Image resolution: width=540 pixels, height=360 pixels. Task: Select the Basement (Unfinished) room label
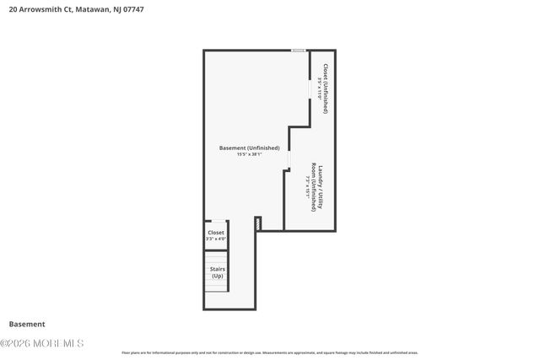(x=249, y=148)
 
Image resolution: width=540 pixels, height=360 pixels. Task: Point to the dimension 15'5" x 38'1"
(x=249, y=154)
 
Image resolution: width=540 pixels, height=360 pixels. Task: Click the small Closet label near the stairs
(x=216, y=232)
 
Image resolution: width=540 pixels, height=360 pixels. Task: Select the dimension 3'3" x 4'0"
(x=216, y=239)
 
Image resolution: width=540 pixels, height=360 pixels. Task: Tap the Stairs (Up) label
(x=217, y=272)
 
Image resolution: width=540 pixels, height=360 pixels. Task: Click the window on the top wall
(x=298, y=51)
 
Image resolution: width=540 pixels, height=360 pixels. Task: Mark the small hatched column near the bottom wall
(x=258, y=223)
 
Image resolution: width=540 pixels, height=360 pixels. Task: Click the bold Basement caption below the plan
(x=27, y=324)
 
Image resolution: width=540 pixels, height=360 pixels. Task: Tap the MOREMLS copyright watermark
(x=42, y=343)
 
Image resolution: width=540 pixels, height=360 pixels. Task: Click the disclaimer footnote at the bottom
(x=270, y=352)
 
